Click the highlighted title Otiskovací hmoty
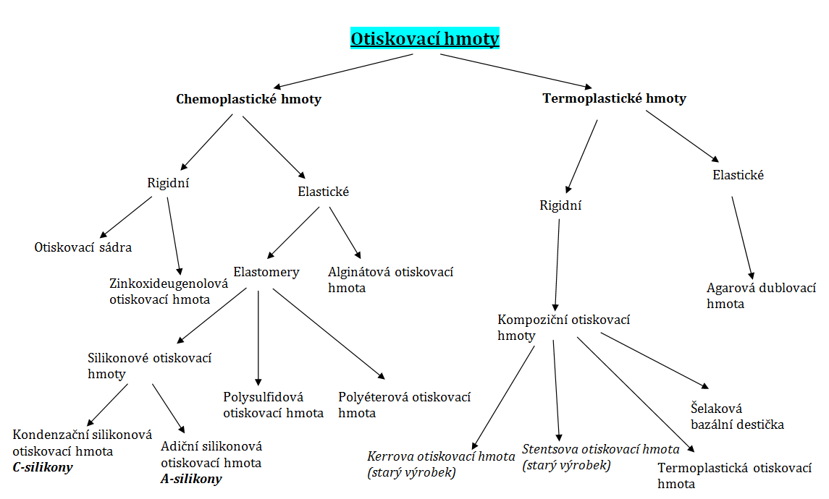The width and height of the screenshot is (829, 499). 424,38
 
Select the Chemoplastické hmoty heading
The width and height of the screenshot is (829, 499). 248,99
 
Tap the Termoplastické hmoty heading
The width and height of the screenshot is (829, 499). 614,98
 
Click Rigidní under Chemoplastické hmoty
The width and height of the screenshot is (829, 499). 168,183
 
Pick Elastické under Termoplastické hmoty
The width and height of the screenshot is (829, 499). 738,175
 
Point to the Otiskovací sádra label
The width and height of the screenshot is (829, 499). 83,247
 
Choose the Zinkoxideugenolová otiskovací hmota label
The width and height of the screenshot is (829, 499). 169,291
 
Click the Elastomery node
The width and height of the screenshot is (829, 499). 266,273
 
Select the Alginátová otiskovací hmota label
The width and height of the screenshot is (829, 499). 390,280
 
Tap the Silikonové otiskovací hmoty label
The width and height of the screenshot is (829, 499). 150,366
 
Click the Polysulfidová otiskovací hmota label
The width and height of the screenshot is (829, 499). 273,405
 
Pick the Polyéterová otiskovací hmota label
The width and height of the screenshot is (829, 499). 404,405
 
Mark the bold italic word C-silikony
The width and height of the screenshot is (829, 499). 43,467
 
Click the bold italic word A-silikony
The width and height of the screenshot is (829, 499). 191,479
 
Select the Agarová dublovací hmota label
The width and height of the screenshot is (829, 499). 761,296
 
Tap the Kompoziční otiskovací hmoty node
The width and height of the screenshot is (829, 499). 563,327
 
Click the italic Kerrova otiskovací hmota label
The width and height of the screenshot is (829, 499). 441,464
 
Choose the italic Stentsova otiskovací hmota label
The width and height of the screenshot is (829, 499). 601,457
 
